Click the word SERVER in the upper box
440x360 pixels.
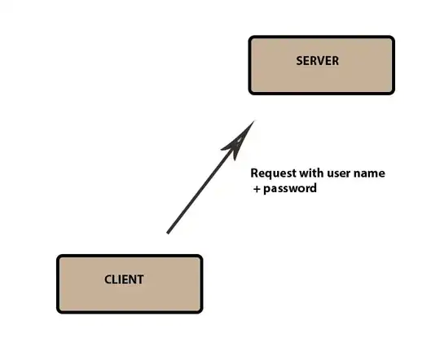(318, 61)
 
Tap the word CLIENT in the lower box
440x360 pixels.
(124, 279)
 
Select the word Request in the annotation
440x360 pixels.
(273, 173)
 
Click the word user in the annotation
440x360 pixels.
(339, 173)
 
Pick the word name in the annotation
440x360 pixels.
(369, 173)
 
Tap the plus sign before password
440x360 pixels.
(257, 189)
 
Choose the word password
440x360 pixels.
(290, 189)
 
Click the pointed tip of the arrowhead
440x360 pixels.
(254, 121)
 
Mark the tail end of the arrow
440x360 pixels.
(168, 233)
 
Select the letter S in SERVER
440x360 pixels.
(300, 61)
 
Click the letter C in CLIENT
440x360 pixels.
(108, 279)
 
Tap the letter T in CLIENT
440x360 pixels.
(140, 279)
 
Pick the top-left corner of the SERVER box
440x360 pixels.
(249, 37)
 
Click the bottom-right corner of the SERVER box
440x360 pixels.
(394, 94)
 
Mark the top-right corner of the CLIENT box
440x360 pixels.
(202, 255)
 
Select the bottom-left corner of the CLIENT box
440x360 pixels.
(57, 313)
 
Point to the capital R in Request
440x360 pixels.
(254, 173)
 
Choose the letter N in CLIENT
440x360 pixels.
(132, 279)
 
